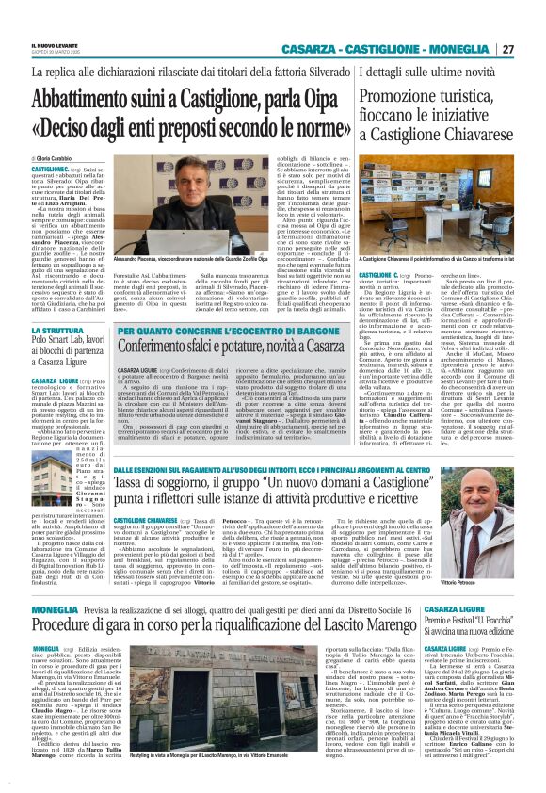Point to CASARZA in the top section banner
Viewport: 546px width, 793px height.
coord(315,49)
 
